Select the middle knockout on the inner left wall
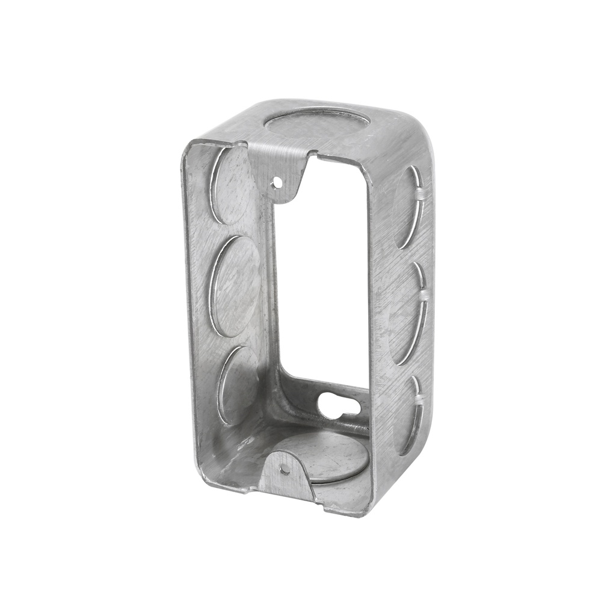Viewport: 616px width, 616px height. tap(235, 286)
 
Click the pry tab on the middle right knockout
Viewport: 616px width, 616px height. tap(424, 295)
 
